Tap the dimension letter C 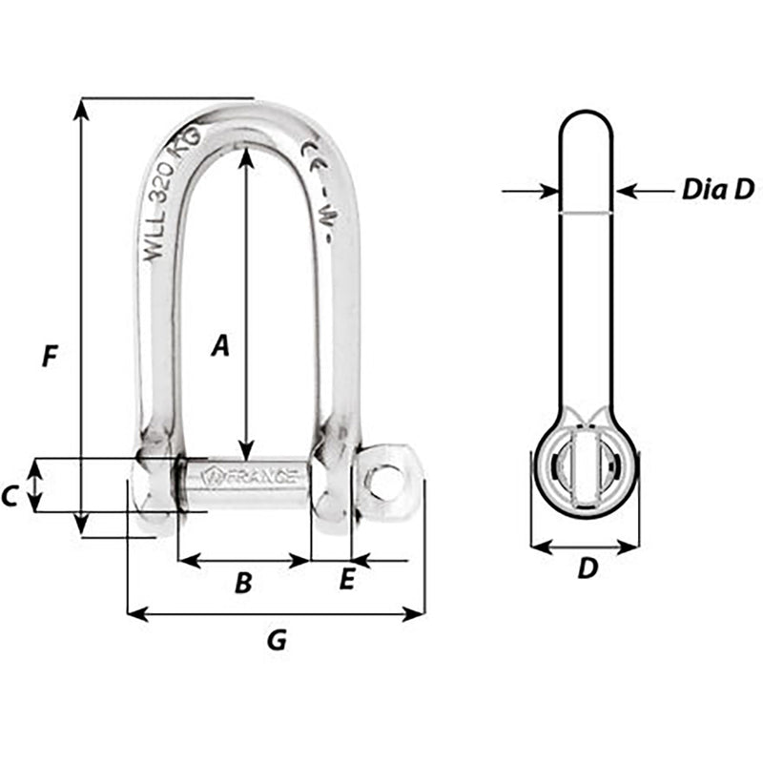(10, 495)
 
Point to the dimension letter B (243, 583)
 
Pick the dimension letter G (276, 641)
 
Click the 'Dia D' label (717, 190)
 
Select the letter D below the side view (588, 569)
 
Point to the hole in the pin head (386, 483)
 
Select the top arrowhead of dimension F (82, 106)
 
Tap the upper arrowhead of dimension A (247, 153)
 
